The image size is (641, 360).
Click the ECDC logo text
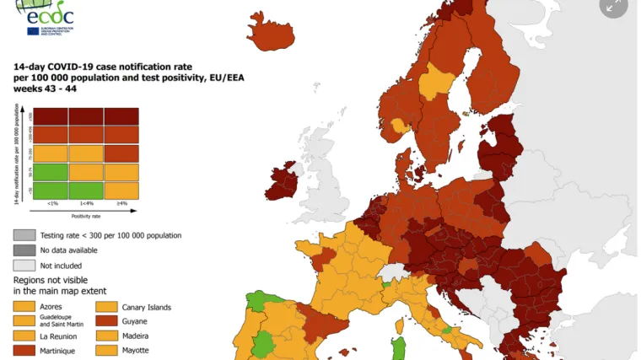(x=51, y=14)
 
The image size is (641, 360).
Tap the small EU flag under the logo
(x=33, y=31)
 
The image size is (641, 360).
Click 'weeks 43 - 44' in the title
(x=43, y=89)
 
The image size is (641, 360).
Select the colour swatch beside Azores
(x=24, y=307)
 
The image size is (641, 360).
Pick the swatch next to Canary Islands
(x=106, y=307)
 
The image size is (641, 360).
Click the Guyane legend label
(x=136, y=321)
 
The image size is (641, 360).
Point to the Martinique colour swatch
(x=24, y=350)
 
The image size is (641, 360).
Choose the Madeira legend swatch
(x=106, y=336)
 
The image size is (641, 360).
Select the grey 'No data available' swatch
(x=24, y=250)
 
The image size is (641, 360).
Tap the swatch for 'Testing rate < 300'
(x=24, y=235)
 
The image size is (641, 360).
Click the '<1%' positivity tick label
(x=52, y=203)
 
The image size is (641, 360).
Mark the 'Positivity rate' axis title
(x=86, y=215)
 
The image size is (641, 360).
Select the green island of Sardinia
(x=401, y=347)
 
